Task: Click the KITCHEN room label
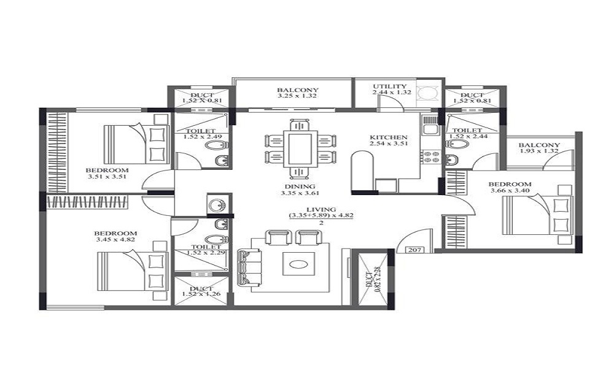click(389, 137)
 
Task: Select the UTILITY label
click(390, 86)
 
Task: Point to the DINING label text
click(300, 186)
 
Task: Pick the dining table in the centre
click(300, 149)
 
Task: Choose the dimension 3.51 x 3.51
click(107, 177)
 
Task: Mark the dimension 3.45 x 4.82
click(115, 239)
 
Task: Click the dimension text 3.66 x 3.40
click(510, 191)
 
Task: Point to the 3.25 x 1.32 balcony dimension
click(297, 96)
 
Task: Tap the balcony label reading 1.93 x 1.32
click(539, 151)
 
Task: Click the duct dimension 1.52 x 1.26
click(201, 294)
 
